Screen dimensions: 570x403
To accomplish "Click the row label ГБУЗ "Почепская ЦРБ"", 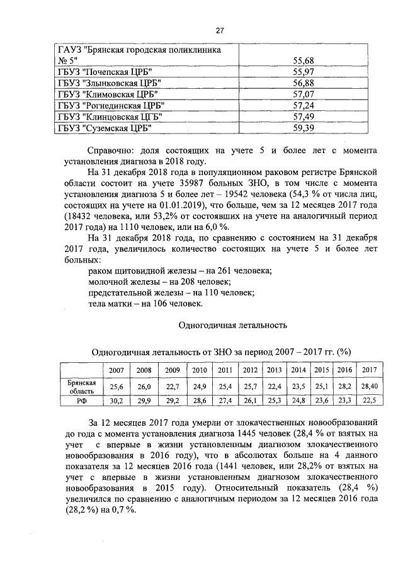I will click(104, 72).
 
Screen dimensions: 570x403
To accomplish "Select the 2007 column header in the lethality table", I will click(116, 370).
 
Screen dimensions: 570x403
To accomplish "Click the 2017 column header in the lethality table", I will click(369, 370).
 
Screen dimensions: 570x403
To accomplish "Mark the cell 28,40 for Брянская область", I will click(369, 386).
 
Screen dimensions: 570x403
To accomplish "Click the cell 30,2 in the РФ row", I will click(116, 400).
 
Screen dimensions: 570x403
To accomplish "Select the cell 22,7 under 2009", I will click(173, 386).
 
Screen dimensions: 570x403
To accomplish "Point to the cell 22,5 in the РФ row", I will click(369, 400).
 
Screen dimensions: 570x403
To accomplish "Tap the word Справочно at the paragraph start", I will click(113, 151).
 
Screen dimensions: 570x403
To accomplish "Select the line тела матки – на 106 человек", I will click(145, 304).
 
